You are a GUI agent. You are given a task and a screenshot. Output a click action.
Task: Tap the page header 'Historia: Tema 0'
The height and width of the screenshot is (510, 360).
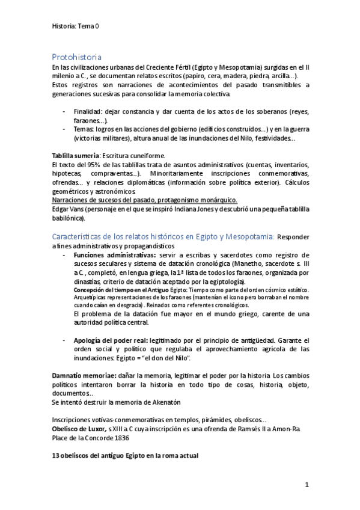click(x=75, y=26)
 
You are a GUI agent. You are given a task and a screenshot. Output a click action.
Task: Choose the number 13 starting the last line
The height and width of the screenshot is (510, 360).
click(x=56, y=455)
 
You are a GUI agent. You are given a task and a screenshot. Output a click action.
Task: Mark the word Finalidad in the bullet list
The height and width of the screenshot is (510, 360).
click(x=89, y=112)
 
